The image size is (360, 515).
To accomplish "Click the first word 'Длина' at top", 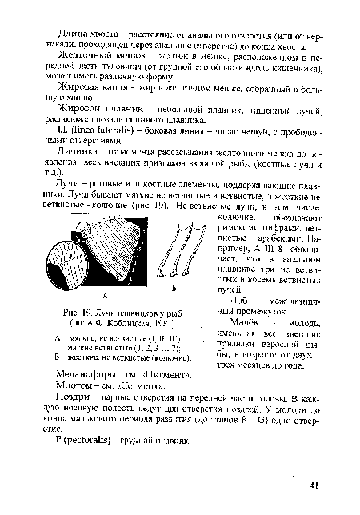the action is [68, 7].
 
